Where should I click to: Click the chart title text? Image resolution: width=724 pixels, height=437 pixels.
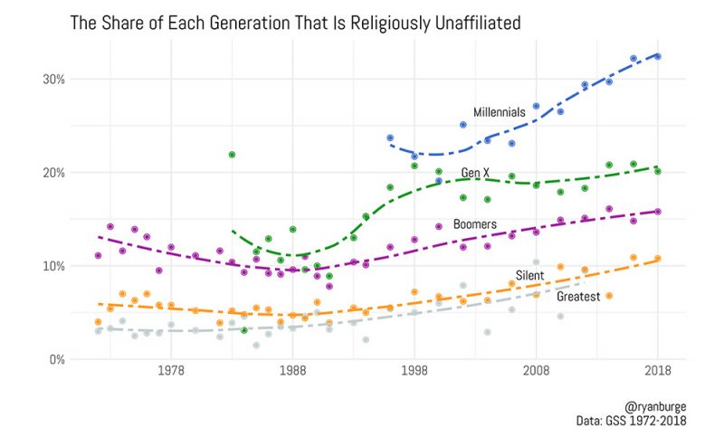296,20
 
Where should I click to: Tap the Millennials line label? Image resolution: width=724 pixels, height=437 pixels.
499,112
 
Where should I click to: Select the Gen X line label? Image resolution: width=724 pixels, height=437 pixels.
476,172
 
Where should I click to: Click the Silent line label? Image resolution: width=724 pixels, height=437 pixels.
529,275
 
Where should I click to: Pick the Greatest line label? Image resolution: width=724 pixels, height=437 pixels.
578,296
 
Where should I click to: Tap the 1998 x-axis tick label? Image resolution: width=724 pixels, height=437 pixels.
414,372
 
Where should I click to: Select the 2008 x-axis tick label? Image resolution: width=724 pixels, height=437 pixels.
536,372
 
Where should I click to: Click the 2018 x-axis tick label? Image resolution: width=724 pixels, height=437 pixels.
658,372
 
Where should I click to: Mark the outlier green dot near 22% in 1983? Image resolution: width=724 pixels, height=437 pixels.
232,155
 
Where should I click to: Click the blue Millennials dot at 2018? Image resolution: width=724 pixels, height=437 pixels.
658,56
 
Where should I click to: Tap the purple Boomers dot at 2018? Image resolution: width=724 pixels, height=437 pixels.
658,212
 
